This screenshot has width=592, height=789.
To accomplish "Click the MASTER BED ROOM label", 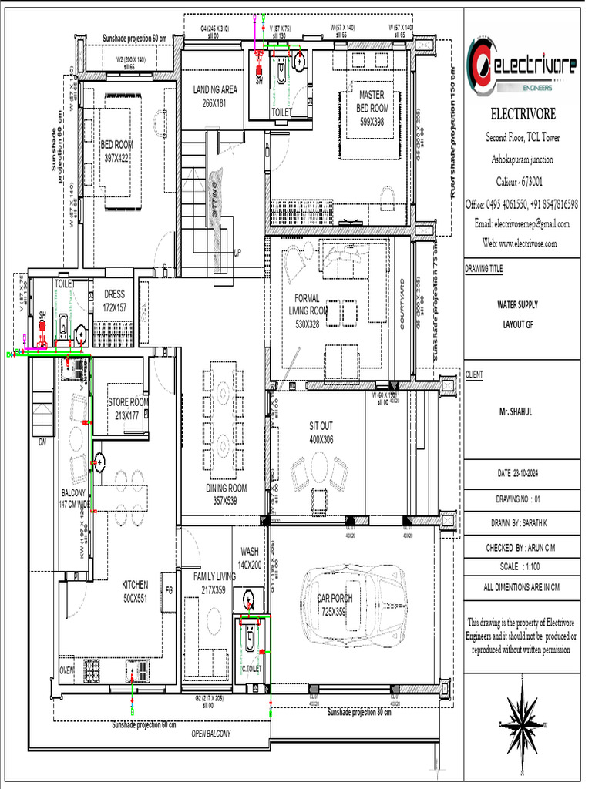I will pyautogui.click(x=372, y=108).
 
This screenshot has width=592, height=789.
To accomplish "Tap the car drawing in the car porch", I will pyautogui.click(x=351, y=603).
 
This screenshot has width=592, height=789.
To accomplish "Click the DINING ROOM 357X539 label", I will pyautogui.click(x=226, y=494).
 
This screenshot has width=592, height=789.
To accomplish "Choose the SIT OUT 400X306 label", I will pyautogui.click(x=320, y=433).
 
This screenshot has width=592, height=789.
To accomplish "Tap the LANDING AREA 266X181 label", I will pyautogui.click(x=214, y=96).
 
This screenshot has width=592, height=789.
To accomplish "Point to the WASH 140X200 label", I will pyautogui.click(x=250, y=558).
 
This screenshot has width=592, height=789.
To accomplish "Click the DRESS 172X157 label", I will pyautogui.click(x=114, y=300).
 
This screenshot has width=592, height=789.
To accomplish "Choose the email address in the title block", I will pyautogui.click(x=522, y=224).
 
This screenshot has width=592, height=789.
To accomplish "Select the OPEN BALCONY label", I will pyautogui.click(x=210, y=734).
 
